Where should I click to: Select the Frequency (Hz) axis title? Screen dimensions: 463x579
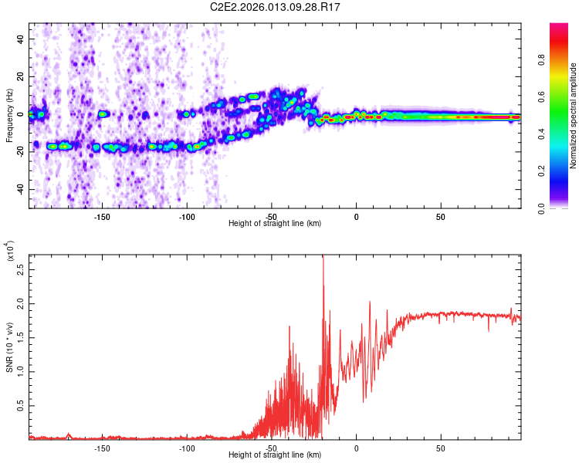click(9, 116)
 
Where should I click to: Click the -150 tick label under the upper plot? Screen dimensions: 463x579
click(102, 216)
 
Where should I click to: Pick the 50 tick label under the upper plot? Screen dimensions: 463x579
click(441, 216)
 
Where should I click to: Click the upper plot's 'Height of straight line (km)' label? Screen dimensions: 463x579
click(275, 224)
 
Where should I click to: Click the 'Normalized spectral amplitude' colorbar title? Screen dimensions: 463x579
click(574, 116)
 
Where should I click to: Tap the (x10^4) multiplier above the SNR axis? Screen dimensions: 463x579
click(9, 252)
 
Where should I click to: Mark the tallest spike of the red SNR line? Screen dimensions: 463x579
click(323, 257)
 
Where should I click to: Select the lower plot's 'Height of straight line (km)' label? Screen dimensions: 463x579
click(275, 455)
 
